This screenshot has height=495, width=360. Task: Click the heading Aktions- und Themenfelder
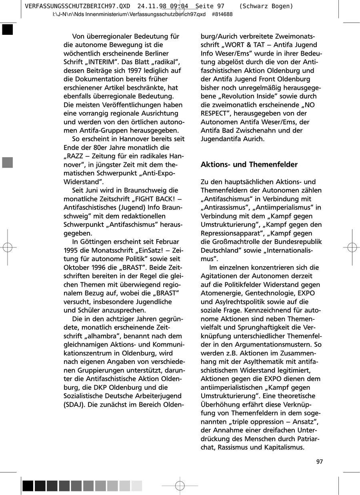pyautogui.click(x=249, y=165)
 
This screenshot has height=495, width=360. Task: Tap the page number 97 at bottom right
pyautogui.click(x=319, y=462)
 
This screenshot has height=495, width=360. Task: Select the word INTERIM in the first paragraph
pyautogui.click(x=104, y=62)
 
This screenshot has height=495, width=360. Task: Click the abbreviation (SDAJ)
pyautogui.click(x=74, y=404)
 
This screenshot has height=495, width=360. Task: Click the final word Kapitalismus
pyautogui.click(x=283, y=447)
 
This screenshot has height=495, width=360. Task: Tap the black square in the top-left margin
pyautogui.click(x=8, y=30)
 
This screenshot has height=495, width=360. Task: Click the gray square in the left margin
pyautogui.click(x=8, y=162)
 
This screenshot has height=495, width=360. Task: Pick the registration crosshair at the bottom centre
pyautogui.click(x=180, y=485)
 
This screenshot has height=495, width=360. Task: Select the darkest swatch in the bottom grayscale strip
pyautogui.click(x=28, y=485)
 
